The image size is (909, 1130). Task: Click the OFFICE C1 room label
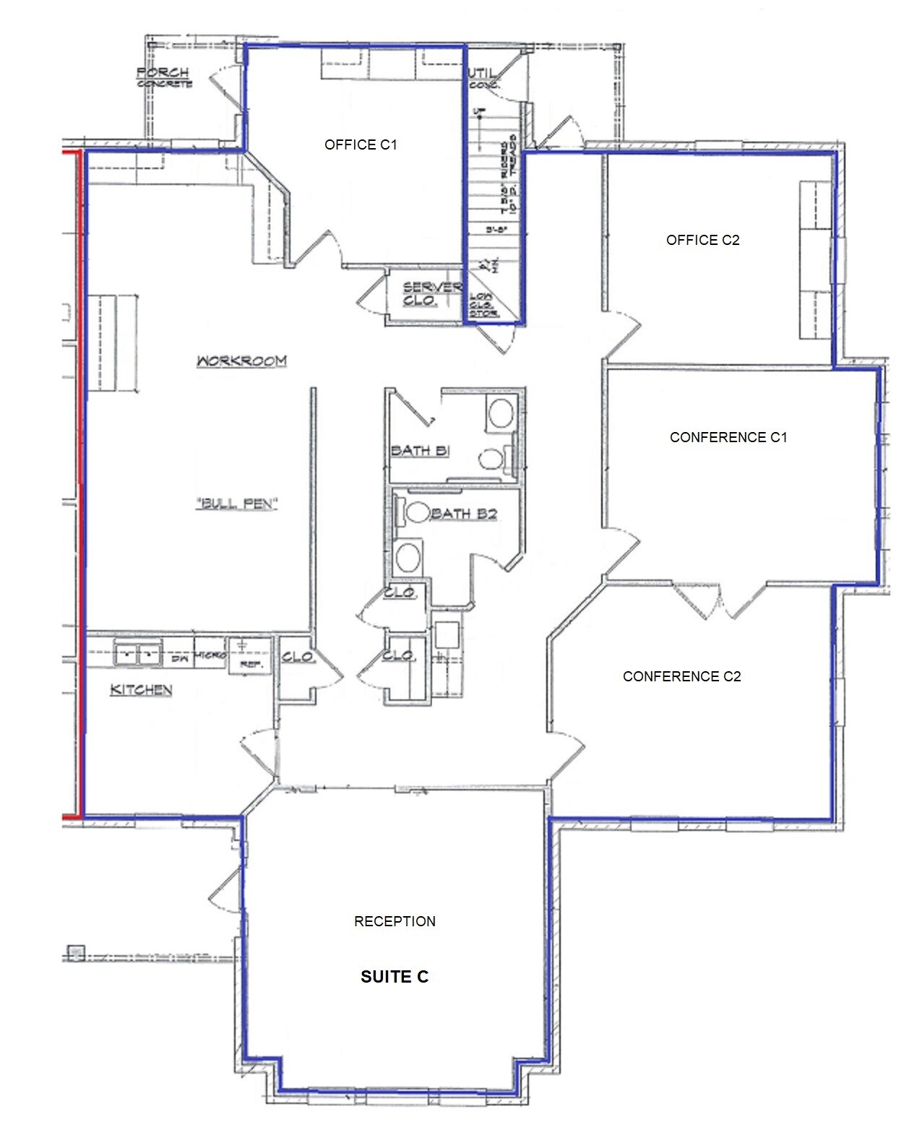coord(361,145)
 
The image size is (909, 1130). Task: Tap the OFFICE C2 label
coord(702,241)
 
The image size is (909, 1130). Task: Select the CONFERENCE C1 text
coord(728,437)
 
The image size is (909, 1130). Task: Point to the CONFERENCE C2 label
coord(681,676)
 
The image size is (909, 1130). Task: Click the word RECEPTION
coord(395,921)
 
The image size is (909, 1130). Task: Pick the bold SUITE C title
coord(395,977)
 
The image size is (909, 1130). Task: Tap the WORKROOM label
coord(241,361)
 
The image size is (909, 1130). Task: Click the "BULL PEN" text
coord(237,504)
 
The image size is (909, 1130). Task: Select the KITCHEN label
coord(141,690)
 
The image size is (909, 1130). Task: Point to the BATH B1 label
coord(420,451)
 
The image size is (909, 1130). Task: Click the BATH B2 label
coord(464,514)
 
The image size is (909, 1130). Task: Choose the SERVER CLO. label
coord(431,293)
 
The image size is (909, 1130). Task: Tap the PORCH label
coord(163,73)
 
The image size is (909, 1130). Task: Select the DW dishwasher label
coord(180,657)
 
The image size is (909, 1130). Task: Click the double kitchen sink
coord(139,655)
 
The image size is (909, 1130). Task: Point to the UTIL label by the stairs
coord(482,74)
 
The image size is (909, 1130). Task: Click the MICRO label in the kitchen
coord(210,655)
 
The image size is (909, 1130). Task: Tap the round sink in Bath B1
coord(500,414)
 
